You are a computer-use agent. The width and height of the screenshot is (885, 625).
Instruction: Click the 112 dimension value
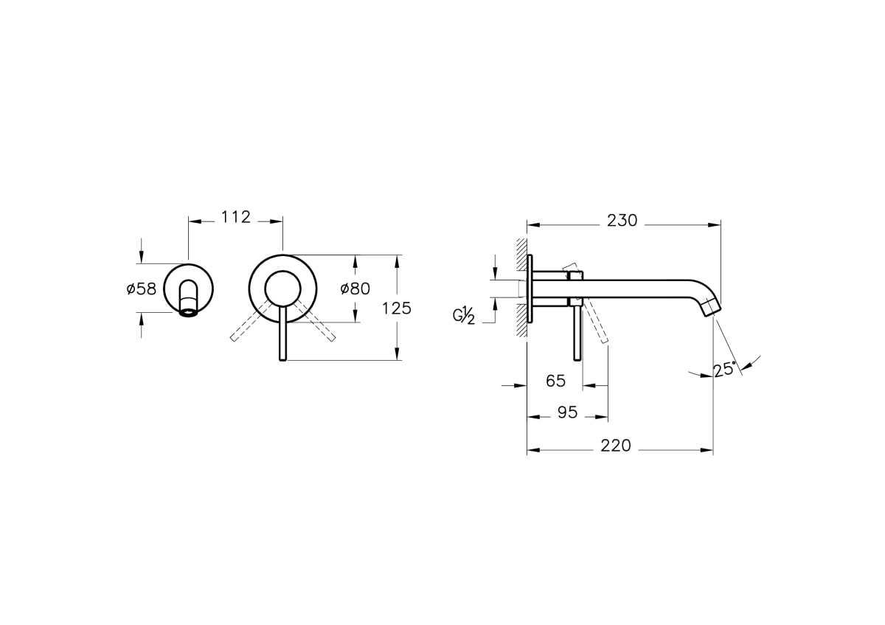[236, 217]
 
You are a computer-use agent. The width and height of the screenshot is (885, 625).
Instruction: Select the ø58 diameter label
[142, 289]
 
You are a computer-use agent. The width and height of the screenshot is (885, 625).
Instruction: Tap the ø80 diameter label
[355, 289]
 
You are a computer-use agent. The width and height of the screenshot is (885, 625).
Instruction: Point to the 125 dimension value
[397, 308]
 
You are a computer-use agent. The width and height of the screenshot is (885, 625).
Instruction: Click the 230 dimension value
[622, 221]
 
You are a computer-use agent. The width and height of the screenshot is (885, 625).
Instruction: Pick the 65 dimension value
[556, 381]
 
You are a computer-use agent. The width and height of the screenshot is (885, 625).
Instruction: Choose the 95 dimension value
[568, 412]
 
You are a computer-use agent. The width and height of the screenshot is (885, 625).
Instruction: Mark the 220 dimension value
[616, 446]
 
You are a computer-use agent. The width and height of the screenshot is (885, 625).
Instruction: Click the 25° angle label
[725, 369]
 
